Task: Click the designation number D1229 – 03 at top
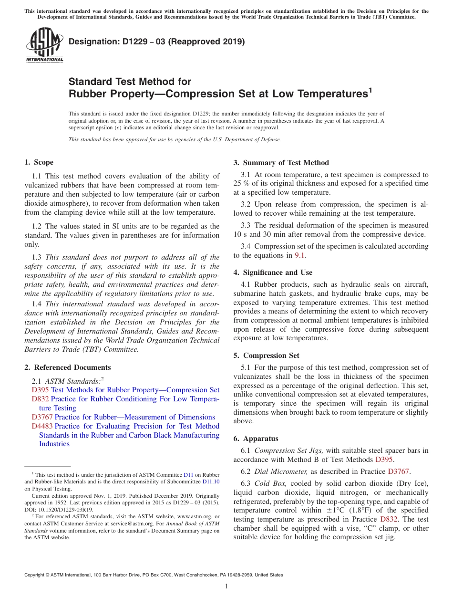pyautogui.click(x=156, y=42)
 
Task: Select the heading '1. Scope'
pyautogui.click(x=39, y=162)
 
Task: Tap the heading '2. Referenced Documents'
pyautogui.click(x=68, y=367)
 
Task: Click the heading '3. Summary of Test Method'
pyautogui.click(x=281, y=163)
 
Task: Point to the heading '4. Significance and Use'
pyautogui.click(x=273, y=272)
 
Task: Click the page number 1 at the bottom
pyautogui.click(x=226, y=586)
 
